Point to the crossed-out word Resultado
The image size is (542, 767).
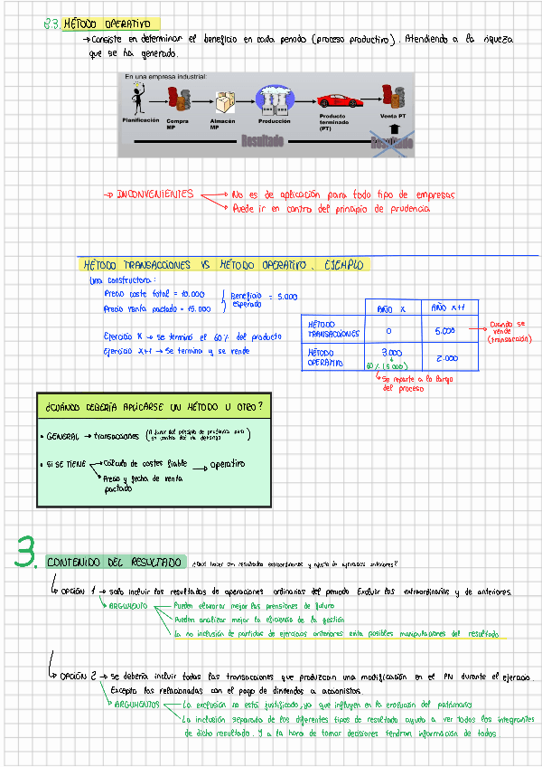tap(386, 141)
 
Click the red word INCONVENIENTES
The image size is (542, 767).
tap(154, 194)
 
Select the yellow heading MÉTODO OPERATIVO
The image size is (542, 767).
tap(112, 24)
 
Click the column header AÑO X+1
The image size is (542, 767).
tap(447, 308)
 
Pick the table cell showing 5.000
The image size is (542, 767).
tap(444, 331)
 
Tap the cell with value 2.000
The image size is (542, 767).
tap(446, 358)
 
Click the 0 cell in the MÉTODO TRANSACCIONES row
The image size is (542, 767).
tap(388, 332)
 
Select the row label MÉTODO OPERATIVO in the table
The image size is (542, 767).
tap(325, 357)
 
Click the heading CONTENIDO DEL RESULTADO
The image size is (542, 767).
tap(115, 563)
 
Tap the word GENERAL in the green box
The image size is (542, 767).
tap(63, 437)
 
